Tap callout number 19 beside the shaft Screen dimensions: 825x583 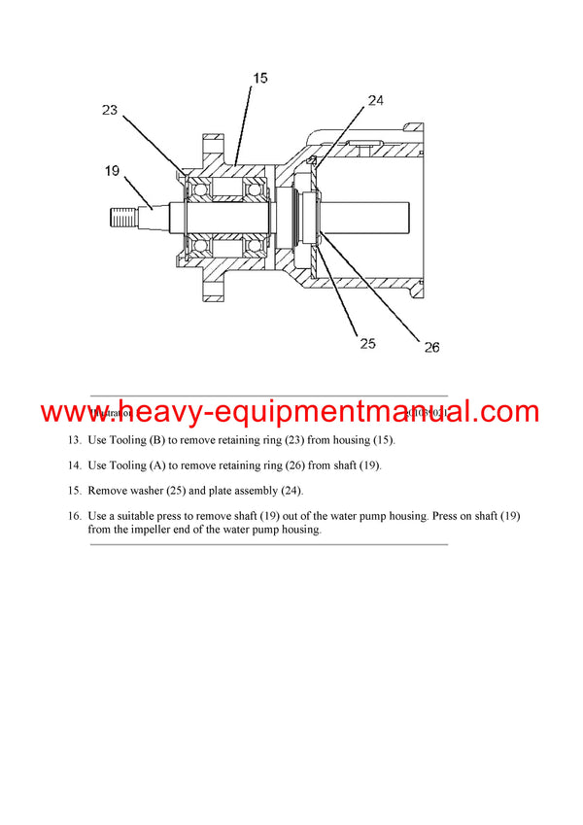click(114, 172)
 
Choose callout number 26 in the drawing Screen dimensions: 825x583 click(431, 346)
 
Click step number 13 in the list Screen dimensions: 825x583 click(75, 440)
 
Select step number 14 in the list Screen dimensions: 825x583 click(75, 465)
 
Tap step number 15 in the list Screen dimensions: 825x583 click(75, 491)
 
